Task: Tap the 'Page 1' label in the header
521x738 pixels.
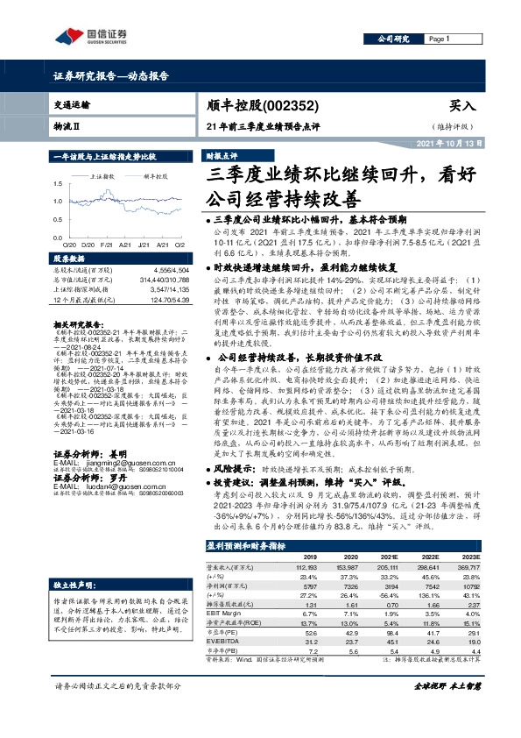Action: [x=439, y=39]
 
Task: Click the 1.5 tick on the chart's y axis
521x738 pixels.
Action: [x=58, y=183]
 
